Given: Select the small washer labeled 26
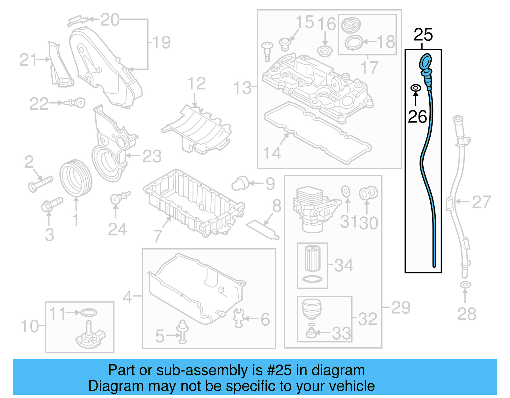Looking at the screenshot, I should pos(415,88).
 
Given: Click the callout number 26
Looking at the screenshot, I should pos(417,117).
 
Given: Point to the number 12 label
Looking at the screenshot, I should pos(196,84).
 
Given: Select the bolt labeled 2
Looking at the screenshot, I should pos(40,184).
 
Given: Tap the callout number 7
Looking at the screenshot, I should pos(158,235).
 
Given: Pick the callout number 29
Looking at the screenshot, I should pos(401,308).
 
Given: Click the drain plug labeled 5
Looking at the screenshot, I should pos(182,331).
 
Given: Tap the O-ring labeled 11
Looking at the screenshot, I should pos(89,313).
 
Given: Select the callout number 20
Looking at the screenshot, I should pos(110,20).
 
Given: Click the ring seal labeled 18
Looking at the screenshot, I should pos(353,42).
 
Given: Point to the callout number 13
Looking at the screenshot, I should pos(243,88).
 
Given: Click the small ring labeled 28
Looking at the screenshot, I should pos(465,285).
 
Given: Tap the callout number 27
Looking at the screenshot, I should pos(481,202).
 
